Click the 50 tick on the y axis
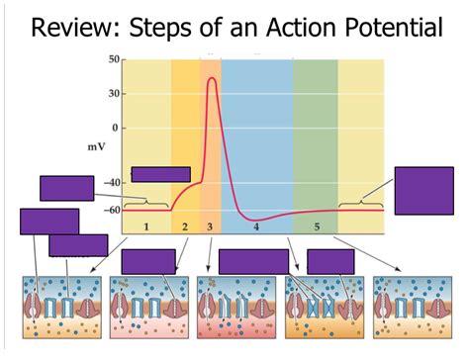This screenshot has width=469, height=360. click(x=113, y=60)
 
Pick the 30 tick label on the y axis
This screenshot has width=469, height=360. click(x=113, y=94)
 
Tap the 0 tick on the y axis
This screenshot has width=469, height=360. click(x=117, y=128)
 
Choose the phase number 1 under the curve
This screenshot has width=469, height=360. click(x=145, y=227)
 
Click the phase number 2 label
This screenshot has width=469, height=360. click(x=185, y=227)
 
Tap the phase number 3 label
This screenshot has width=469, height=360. click(x=210, y=227)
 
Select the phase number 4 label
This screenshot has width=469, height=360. click(x=255, y=227)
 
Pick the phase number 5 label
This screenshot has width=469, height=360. click(x=317, y=227)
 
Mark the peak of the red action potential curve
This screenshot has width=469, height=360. click(x=212, y=78)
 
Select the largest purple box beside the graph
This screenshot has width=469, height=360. click(x=423, y=190)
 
